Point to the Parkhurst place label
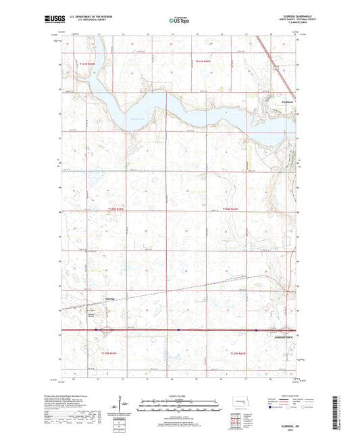(288, 102)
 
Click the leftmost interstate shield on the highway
(98, 330)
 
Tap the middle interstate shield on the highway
(178, 330)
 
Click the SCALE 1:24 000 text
(180, 396)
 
